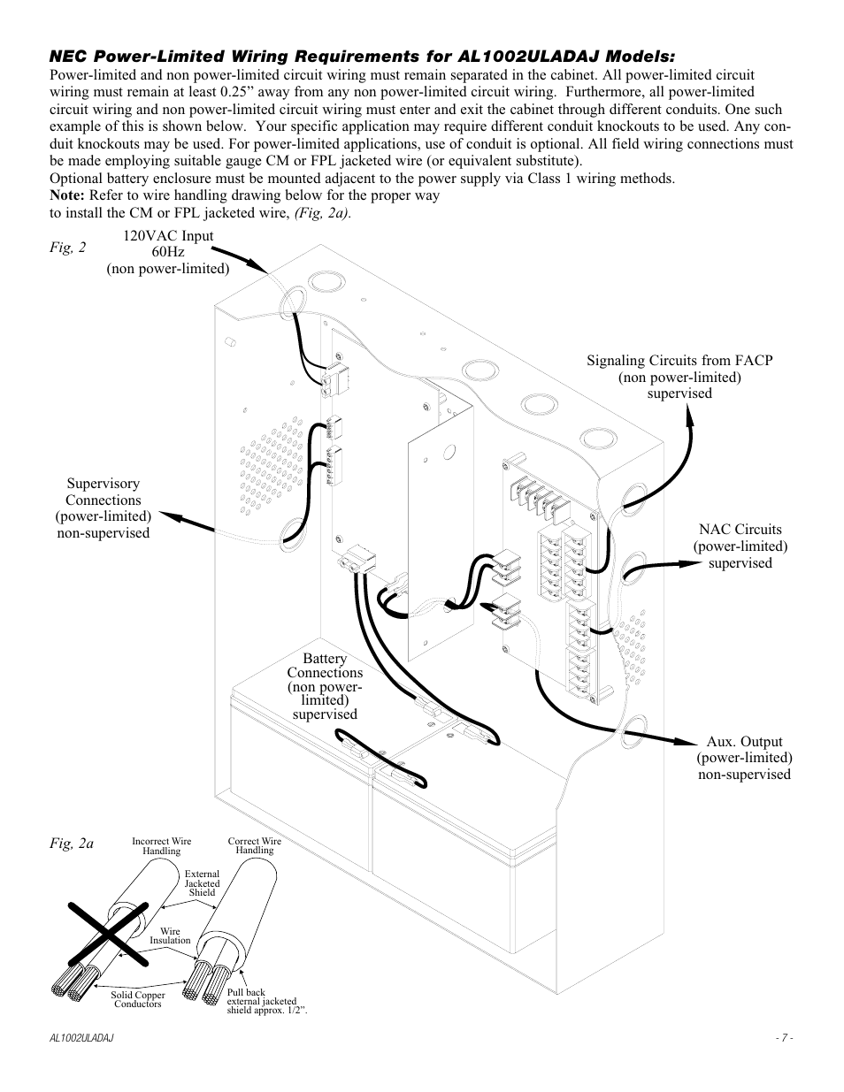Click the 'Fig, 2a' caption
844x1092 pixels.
(x=72, y=844)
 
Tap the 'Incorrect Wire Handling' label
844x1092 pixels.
(x=161, y=846)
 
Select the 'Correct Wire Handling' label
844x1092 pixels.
(x=255, y=846)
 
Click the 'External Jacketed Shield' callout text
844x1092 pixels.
(x=202, y=883)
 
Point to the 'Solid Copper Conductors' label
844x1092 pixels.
(x=138, y=999)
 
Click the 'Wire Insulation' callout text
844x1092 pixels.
(x=170, y=935)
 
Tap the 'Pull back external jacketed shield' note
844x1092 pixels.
(x=266, y=1002)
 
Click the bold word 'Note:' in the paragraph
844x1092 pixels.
(x=67, y=195)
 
